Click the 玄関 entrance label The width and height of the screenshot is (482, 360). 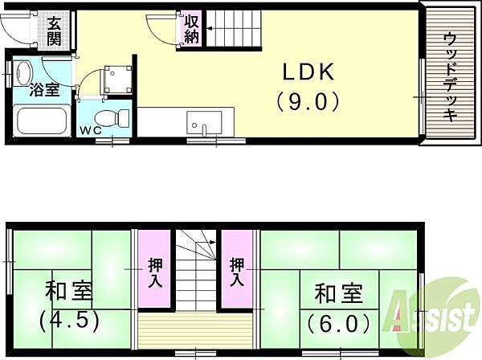click(54, 31)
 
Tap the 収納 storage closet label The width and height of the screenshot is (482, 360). click(193, 29)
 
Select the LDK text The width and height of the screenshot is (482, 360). click(308, 72)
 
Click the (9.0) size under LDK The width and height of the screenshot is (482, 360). click(308, 102)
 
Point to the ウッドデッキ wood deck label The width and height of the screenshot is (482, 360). click(451, 77)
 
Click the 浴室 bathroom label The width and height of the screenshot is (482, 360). click(44, 90)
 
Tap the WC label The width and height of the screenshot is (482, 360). click(91, 131)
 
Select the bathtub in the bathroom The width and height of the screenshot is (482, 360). click(43, 121)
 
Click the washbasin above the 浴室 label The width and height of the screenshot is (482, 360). click(23, 73)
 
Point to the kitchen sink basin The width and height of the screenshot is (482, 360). click(204, 122)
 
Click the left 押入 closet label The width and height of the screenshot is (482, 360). click(155, 273)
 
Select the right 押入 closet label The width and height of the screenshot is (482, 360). click(237, 273)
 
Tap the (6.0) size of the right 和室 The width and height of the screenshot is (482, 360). click(338, 324)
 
